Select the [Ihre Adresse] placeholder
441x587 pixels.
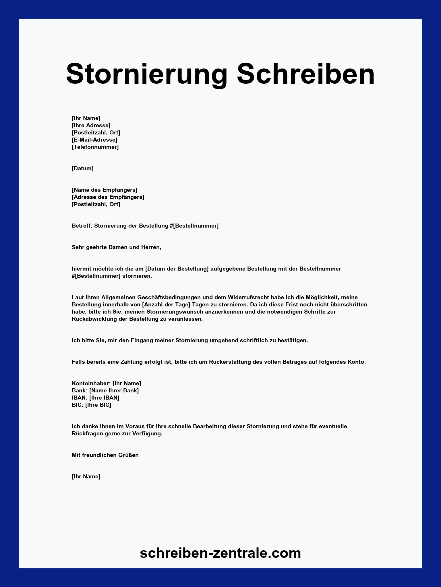[x=91, y=125]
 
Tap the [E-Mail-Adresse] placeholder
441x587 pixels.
[x=94, y=140]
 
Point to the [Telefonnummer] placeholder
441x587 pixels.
[x=95, y=147]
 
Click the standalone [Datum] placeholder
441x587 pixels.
[x=82, y=168]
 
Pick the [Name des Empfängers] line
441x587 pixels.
[x=105, y=190]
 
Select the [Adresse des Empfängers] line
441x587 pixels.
[x=108, y=197]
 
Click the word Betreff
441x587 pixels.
[x=82, y=226]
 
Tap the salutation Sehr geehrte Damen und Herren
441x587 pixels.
[x=116, y=247]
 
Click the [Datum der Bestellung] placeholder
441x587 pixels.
[x=177, y=269]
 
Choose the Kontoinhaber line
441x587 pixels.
[x=106, y=383]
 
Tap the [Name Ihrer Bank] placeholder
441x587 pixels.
[x=114, y=390]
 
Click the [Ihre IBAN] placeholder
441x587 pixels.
[x=104, y=398]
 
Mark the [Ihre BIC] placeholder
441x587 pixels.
[x=98, y=405]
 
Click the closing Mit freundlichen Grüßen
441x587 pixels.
[x=105, y=455]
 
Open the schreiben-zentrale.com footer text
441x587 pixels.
[x=220, y=553]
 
